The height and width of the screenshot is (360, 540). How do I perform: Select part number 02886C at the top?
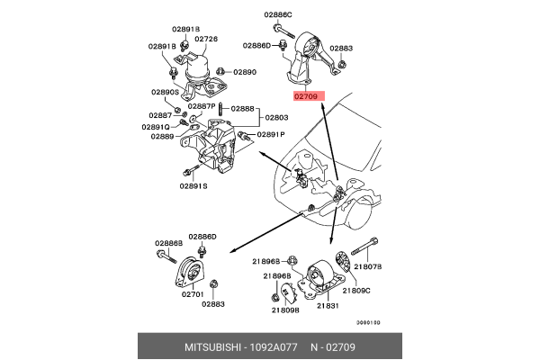pyautogui.click(x=278, y=15)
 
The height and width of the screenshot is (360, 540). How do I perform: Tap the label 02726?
pyautogui.click(x=206, y=40)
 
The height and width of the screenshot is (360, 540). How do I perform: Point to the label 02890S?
pyautogui.click(x=165, y=92)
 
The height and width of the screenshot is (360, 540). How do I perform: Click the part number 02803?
pyautogui.click(x=276, y=118)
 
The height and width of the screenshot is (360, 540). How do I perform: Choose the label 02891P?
pyautogui.click(x=270, y=134)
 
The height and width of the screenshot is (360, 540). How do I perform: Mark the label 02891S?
pyautogui.click(x=193, y=185)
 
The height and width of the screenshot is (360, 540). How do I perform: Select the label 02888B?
pyautogui.click(x=168, y=243)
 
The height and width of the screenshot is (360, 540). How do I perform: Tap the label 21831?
pyautogui.click(x=328, y=306)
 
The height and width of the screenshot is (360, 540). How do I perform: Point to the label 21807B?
pyautogui.click(x=367, y=266)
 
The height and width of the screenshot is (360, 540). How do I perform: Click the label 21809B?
pyautogui.click(x=284, y=310)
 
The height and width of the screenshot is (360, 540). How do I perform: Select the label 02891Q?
pyautogui.click(x=156, y=127)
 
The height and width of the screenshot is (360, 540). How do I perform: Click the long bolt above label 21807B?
pyautogui.click(x=364, y=248)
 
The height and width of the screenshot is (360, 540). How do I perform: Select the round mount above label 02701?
pyautogui.click(x=190, y=271)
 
